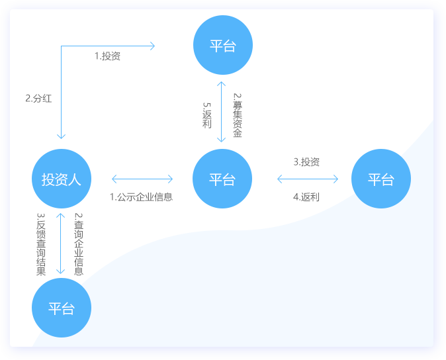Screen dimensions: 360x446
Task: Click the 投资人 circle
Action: (62, 179)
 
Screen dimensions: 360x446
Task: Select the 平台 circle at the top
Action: (222, 46)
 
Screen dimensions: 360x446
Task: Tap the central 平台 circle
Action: (222, 179)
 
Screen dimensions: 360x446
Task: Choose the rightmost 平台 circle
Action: (381, 179)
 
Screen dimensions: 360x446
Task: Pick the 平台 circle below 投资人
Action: (62, 308)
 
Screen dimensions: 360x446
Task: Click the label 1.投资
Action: (107, 56)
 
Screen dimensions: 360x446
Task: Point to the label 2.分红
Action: (38, 98)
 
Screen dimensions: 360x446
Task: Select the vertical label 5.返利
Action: (207, 114)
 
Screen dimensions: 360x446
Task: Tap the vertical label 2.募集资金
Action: (237, 114)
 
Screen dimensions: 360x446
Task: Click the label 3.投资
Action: (306, 162)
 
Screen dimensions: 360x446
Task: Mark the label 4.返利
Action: (306, 197)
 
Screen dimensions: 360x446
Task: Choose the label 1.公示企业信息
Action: (141, 197)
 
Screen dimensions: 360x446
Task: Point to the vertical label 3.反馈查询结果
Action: (41, 244)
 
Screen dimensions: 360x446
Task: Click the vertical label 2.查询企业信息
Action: (78, 244)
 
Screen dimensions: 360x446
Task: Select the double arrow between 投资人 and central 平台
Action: (142, 179)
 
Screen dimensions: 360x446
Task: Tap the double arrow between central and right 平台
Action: (308, 179)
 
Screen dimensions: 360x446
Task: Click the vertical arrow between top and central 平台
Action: (222, 112)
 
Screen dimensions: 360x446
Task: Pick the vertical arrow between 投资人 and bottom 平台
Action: (61, 243)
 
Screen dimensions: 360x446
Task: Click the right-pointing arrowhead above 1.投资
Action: (152, 46)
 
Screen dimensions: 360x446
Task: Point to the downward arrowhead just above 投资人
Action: (61, 136)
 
